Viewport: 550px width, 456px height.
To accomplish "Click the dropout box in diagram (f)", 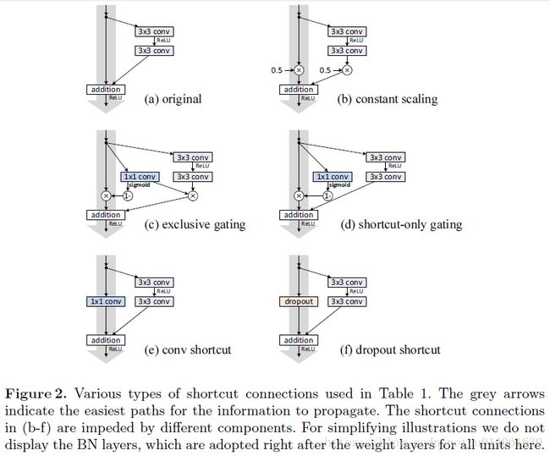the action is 299,302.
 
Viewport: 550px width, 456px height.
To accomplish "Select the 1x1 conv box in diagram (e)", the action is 106,302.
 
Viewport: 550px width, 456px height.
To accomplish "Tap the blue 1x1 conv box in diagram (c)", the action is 140,177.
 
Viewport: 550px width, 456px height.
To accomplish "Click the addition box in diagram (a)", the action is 106,90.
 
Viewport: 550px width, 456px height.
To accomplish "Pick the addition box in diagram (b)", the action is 299,90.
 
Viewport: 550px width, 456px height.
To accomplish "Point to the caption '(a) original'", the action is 173,99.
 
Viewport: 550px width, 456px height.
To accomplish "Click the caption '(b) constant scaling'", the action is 388,99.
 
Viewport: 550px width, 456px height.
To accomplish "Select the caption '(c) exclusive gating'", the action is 195,224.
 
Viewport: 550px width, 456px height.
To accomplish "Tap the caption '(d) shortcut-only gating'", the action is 401,224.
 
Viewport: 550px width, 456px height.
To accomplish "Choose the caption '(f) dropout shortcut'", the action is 390,349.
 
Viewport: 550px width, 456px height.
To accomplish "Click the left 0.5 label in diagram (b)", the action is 277,70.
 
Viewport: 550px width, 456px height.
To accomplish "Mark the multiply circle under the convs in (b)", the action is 347,70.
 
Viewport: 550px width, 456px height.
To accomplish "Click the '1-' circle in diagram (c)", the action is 128,195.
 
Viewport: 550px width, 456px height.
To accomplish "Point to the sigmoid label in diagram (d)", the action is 339,185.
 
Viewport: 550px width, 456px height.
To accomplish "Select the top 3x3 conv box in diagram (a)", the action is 154,31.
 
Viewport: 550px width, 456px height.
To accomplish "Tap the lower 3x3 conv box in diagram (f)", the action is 347,302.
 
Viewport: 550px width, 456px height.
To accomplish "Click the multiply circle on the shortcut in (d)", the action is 299,195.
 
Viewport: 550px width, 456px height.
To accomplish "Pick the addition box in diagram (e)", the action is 106,340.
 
